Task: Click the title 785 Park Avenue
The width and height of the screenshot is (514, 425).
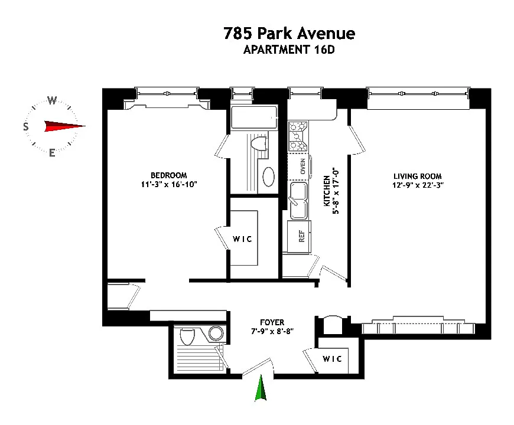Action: [289, 33]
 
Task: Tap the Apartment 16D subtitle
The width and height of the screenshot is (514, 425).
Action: [289, 50]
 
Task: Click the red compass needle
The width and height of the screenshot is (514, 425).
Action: [64, 126]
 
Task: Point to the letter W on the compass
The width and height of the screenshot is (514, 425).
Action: [52, 100]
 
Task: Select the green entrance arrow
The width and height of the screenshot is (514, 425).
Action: [261, 388]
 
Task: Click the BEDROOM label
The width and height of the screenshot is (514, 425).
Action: [169, 175]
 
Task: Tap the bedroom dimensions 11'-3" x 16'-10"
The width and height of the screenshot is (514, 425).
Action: [169, 184]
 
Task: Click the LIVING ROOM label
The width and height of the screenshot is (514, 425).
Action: [418, 176]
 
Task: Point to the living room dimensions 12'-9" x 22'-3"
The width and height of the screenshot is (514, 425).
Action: [418, 185]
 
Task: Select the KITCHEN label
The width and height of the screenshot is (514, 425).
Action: [327, 191]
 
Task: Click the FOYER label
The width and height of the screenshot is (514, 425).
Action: [272, 322]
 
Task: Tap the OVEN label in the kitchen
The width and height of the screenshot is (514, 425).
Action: [302, 166]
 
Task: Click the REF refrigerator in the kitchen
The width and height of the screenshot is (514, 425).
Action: [299, 237]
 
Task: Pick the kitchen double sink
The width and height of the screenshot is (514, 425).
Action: [298, 201]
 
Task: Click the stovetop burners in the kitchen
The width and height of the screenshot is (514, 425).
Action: [298, 136]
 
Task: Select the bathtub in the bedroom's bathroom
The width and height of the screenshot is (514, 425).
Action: [254, 117]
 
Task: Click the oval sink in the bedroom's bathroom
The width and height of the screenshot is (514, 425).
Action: [268, 177]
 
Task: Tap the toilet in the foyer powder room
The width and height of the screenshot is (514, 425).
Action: [187, 336]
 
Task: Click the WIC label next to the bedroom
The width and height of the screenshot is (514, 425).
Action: [242, 239]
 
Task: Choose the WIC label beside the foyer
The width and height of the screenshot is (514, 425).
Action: [332, 359]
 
